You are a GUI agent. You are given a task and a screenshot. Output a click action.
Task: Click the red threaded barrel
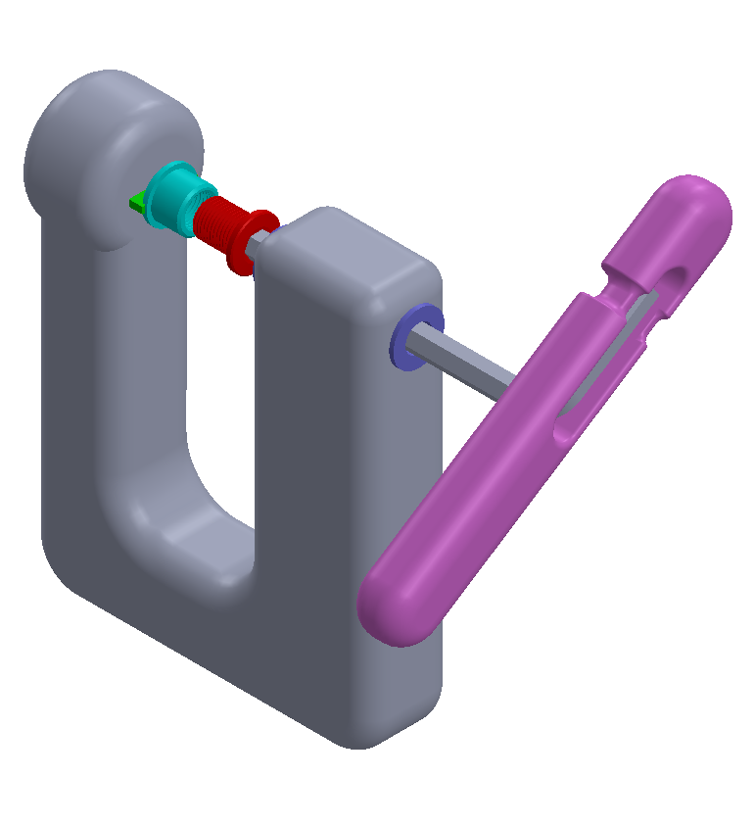coord(217,223)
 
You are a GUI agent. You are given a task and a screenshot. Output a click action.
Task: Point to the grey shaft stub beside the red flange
coord(262,239)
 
